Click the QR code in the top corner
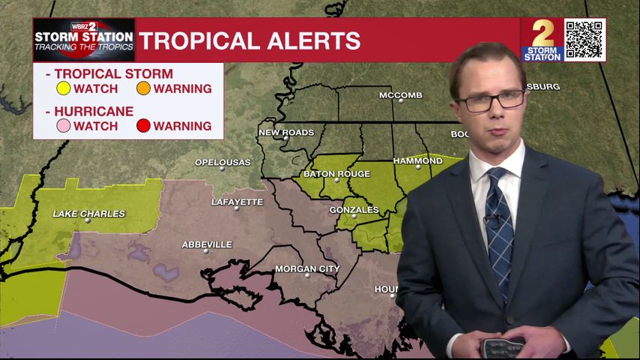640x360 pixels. [584, 40]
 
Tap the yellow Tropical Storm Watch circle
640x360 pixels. [64, 88]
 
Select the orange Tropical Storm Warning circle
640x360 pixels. [143, 88]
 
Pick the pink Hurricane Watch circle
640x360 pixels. [64, 126]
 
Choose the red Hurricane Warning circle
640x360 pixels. [143, 126]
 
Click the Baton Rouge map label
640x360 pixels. [336, 174]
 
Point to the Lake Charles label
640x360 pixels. [88, 214]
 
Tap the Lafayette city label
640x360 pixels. [237, 202]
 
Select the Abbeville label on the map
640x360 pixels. [207, 244]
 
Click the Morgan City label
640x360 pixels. [307, 268]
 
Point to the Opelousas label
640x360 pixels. [222, 162]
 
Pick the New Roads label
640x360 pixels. [286, 133]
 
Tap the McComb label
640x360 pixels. [401, 95]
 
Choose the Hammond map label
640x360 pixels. [418, 160]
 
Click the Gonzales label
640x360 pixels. [354, 210]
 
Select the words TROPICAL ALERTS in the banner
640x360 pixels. [250, 40]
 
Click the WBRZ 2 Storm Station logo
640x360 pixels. [84, 40]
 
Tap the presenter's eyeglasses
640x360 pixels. [491, 100]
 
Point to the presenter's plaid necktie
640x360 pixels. [499, 225]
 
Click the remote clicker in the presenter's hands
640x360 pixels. [503, 347]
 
